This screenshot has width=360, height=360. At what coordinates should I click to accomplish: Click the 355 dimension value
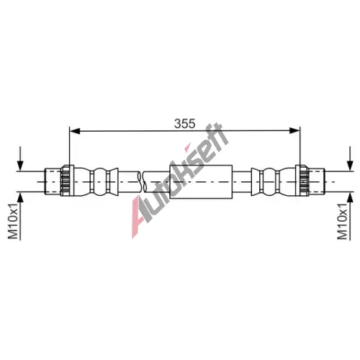click(185, 124)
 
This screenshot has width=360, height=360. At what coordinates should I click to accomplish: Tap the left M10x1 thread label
click(13, 221)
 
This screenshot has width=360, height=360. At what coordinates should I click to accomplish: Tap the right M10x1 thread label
click(342, 221)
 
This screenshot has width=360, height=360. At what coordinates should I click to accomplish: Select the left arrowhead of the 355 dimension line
click(74, 131)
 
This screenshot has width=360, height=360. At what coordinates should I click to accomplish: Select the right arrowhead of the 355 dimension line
click(295, 131)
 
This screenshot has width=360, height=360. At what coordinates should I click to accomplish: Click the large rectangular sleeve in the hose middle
click(201, 181)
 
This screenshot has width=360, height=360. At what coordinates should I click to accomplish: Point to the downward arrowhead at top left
click(20, 166)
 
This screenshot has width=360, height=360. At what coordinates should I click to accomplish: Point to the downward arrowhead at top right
click(351, 166)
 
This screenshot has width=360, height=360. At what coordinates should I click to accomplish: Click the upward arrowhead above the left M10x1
click(20, 197)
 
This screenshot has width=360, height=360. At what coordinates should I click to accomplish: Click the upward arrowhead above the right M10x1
click(351, 197)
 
